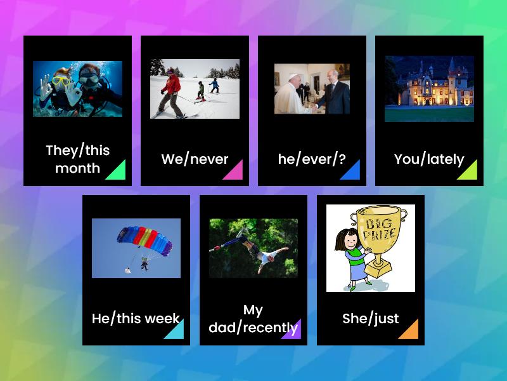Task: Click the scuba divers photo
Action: coord(77,89)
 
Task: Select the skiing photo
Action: coord(195,89)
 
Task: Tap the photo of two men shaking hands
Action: coord(312,89)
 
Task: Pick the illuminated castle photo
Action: coord(429,89)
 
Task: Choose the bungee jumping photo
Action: coord(253,248)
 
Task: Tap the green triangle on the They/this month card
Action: coord(117,171)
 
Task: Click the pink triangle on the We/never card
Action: coord(234,171)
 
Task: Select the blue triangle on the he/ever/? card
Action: coord(351,171)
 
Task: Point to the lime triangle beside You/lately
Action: coord(468,171)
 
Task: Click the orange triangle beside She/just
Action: coord(409,330)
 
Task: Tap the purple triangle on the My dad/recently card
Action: coord(292,330)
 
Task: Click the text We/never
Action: coord(195,159)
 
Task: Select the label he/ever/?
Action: coord(312,159)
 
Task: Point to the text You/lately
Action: coord(429,159)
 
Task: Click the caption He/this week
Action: coord(136,319)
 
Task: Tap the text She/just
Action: coord(371,319)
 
